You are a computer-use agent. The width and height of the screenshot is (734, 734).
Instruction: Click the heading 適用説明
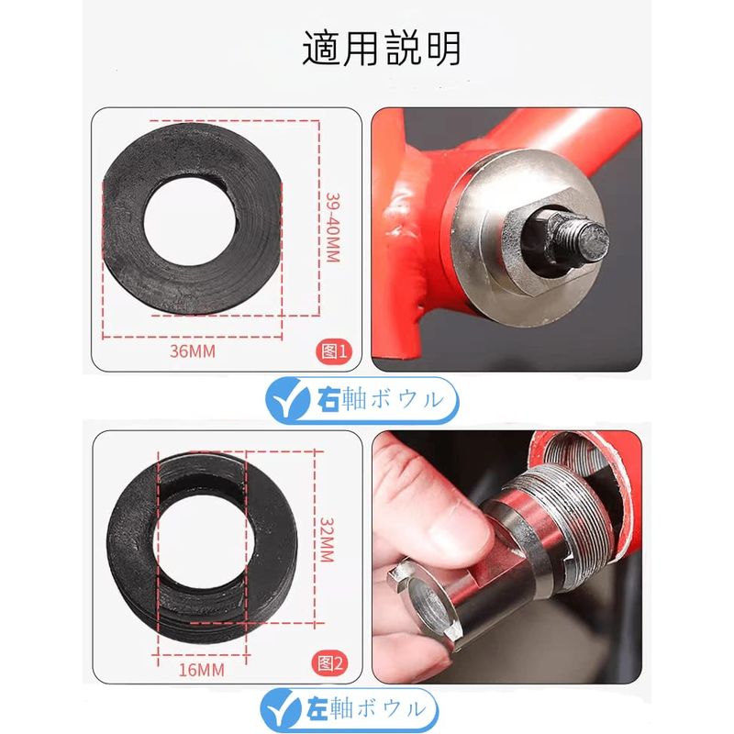(382, 49)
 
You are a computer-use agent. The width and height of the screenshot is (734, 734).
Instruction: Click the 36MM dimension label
(193, 351)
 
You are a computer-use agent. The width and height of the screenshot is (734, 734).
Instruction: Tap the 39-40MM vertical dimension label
(332, 227)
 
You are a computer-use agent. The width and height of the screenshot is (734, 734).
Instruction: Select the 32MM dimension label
(327, 539)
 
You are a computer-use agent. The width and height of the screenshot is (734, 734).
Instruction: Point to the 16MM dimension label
(201, 670)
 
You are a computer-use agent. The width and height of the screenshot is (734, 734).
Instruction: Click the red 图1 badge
(334, 351)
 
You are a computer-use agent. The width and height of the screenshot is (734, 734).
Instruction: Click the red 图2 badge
(330, 663)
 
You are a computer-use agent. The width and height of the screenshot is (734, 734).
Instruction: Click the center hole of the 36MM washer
(191, 220)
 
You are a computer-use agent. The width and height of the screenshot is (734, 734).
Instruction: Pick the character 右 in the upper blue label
(328, 400)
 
